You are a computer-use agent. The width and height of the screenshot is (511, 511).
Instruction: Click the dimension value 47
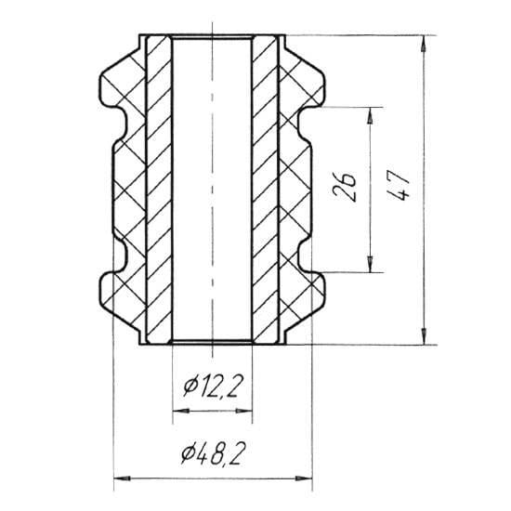398,185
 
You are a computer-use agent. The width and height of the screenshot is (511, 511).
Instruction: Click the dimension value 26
344,187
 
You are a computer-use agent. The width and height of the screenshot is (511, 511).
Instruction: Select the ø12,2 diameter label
213,386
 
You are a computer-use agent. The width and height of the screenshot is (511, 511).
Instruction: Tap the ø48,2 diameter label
213,452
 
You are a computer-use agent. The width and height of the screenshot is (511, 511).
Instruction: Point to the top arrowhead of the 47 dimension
424,44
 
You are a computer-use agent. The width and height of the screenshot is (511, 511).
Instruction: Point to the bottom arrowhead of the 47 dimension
424,336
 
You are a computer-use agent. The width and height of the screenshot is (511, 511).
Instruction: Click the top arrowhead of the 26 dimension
370,116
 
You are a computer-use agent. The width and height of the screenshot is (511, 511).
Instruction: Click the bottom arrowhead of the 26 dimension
370,264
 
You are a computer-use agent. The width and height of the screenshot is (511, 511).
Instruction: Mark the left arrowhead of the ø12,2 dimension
181,412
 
